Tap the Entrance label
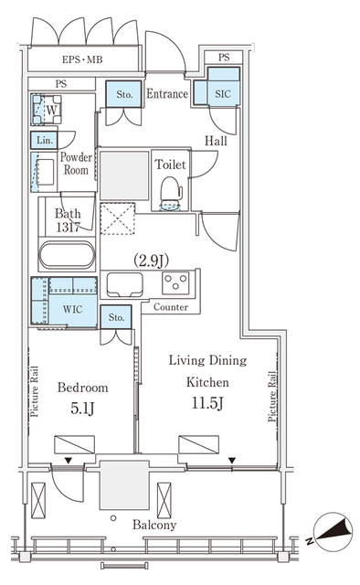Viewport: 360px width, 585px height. (167, 93)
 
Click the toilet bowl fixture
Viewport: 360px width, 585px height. (171, 195)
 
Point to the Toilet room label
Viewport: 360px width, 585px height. (171, 165)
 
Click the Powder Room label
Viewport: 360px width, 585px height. (76, 163)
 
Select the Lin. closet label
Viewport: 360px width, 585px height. (43, 140)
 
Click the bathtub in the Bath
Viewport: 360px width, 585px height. (67, 256)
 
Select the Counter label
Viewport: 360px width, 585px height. (171, 308)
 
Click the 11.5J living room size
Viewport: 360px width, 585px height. (208, 401)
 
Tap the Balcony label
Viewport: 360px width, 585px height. (154, 525)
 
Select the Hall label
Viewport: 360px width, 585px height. (217, 141)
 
